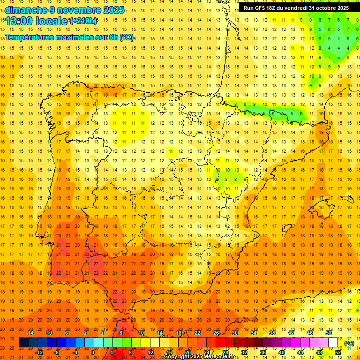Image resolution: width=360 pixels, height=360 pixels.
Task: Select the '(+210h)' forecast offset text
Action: coord(83,21)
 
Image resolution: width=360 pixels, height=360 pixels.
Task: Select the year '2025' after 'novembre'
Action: coord(113,10)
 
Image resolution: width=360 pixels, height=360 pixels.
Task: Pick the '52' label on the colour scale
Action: coord(338,352)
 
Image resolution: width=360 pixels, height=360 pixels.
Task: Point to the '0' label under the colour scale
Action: coord(93,352)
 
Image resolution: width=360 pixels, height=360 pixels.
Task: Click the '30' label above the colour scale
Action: coord(235,333)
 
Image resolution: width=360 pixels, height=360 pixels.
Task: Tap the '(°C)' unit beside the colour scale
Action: coord(349,343)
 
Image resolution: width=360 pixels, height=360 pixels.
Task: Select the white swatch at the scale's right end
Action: coord(333,343)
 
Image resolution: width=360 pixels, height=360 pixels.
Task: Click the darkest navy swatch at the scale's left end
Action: coord(23,343)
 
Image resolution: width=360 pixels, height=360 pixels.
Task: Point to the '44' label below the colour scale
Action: coord(300,352)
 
